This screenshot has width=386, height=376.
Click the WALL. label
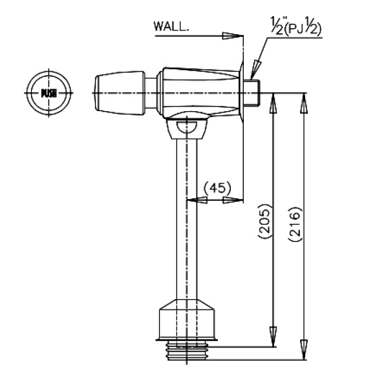[171, 26]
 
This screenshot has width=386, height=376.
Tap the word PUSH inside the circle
[48, 93]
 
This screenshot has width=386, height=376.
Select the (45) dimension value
[218, 188]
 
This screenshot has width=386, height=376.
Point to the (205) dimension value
[264, 221]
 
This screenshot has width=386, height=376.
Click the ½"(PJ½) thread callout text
[296, 26]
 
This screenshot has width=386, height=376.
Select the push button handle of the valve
[120, 93]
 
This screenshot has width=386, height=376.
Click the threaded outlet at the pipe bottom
[187, 351]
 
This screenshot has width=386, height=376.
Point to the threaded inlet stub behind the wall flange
[252, 93]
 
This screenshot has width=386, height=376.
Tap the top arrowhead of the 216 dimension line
[305, 103]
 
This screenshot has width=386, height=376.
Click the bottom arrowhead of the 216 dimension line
[305, 350]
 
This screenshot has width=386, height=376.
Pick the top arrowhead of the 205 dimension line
[273, 103]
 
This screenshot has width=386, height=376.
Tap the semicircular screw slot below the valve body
[187, 127]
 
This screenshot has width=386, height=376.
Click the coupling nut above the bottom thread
[187, 320]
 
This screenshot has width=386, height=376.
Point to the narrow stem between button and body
[151, 93]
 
